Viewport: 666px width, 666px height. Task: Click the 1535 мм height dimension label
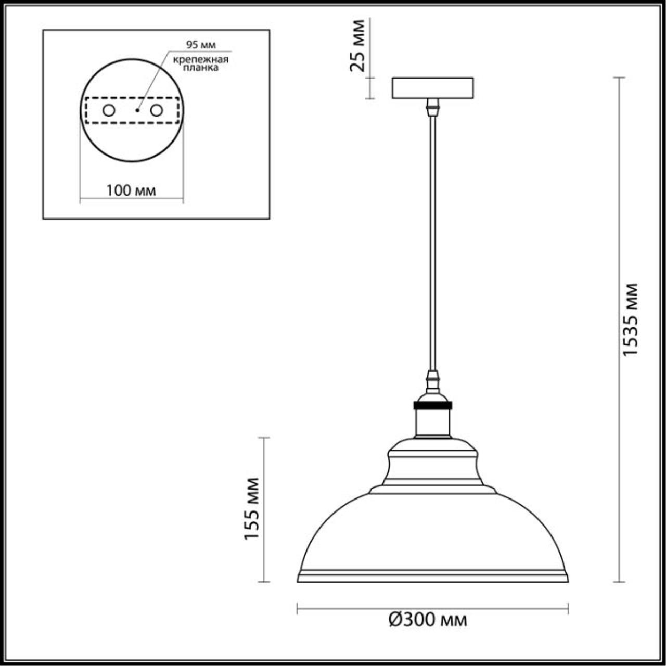(631, 319)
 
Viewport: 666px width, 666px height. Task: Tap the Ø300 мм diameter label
(428, 620)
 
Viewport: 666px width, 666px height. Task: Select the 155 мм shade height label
(252, 508)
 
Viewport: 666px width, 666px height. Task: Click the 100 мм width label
(131, 190)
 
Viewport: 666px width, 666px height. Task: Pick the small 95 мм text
(201, 45)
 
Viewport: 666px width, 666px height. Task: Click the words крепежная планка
(201, 63)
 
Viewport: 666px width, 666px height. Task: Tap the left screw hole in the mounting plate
(109, 110)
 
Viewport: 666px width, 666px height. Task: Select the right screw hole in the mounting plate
(156, 110)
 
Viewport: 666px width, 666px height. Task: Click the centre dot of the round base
(137, 110)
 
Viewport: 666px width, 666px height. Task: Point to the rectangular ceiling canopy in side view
(432, 88)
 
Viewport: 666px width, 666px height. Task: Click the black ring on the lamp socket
(432, 405)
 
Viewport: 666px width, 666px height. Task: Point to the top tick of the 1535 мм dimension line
(619, 78)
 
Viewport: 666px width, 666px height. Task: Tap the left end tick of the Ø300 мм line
(297, 608)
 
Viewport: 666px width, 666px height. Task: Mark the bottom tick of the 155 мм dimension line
(264, 582)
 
